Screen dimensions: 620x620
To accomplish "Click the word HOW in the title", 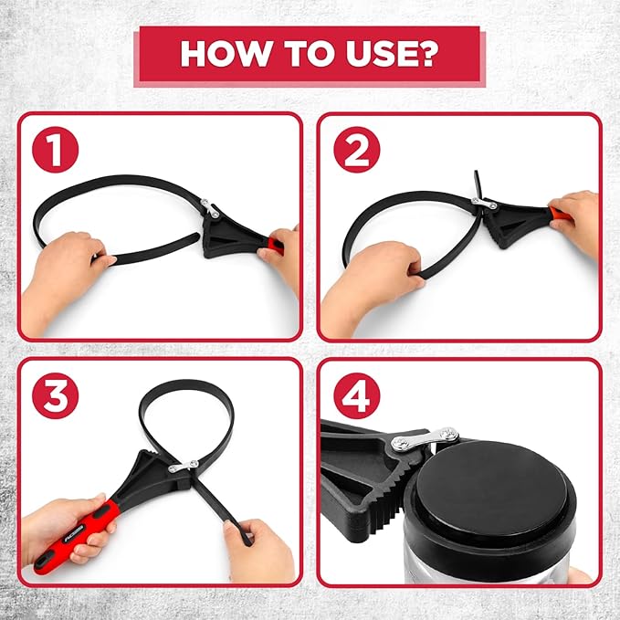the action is pos(226,53).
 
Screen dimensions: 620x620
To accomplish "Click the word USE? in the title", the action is pos(392,53).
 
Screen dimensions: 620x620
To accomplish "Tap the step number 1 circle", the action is pos(56,150).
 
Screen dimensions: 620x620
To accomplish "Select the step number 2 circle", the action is pos(357,150).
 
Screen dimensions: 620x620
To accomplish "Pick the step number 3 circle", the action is pos(56,395).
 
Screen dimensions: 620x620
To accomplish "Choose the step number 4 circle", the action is pos(357,395).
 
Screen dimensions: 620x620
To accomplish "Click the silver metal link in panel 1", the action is pos(210,208).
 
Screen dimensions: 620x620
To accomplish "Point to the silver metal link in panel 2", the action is pos(484,203).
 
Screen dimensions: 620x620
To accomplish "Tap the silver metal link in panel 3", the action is pos(183,467).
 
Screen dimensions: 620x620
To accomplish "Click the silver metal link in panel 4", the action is pos(425,440).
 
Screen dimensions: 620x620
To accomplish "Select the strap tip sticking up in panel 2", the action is pos(478,184).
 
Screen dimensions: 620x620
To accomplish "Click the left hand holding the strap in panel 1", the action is pos(65,277).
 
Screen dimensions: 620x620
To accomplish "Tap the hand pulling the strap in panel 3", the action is pos(259,550).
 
